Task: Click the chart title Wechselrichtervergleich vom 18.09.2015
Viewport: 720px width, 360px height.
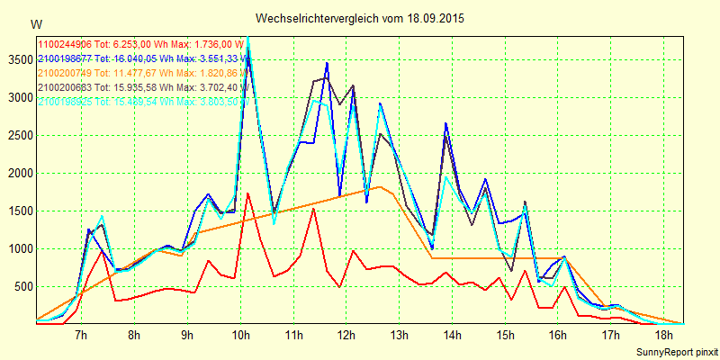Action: pos(360,18)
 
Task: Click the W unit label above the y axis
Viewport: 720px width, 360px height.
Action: pos(35,23)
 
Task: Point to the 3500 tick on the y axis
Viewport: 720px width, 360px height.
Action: pos(18,60)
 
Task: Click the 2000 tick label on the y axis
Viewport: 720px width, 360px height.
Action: pos(18,174)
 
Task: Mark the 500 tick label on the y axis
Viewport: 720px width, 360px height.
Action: pos(21,287)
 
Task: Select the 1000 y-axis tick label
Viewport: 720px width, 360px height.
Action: pos(18,249)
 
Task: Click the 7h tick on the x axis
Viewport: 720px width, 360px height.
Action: pos(81,335)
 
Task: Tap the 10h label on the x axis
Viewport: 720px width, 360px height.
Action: pos(240,335)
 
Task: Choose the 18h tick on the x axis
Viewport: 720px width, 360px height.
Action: pos(664,335)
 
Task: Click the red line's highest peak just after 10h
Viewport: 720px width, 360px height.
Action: pos(247,193)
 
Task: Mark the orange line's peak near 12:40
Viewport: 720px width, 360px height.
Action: pos(381,187)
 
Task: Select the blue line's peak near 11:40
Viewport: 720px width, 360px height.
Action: pos(327,62)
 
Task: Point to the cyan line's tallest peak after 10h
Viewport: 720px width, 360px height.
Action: pos(247,38)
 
